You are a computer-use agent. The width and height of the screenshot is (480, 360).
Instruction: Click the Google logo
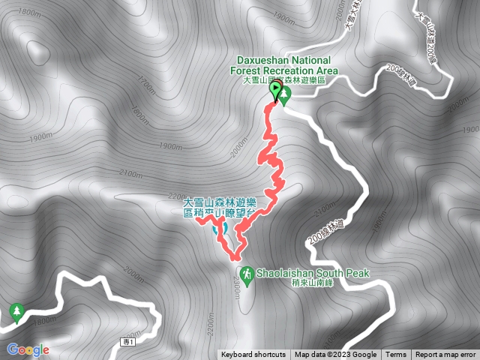pos(28,349)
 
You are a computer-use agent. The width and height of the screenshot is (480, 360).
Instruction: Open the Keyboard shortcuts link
pos(253,355)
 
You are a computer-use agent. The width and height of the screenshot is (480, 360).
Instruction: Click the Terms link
pos(396,355)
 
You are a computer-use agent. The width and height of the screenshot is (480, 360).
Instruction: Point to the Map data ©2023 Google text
pos(335,355)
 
